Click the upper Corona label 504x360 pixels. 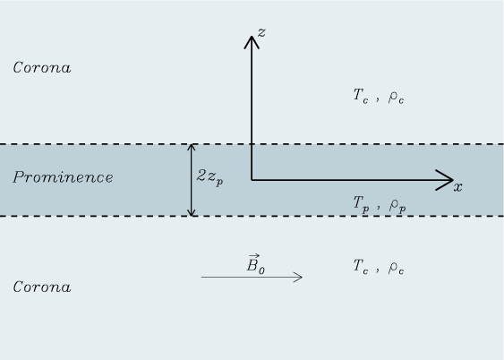(x=42, y=67)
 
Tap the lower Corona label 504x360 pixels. (x=42, y=287)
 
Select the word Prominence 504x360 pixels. (x=63, y=177)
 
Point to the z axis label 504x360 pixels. (x=261, y=32)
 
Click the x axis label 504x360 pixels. (x=458, y=187)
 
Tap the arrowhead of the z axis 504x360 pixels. (x=252, y=42)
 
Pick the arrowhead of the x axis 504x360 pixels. (x=445, y=180)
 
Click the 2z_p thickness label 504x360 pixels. (x=209, y=177)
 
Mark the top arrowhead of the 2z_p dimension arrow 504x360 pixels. (x=192, y=148)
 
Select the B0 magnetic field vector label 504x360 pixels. (x=256, y=264)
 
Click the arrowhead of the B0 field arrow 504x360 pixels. (x=297, y=277)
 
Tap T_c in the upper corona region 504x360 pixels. (x=361, y=96)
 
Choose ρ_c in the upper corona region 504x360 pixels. (x=396, y=97)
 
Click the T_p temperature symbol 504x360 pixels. (x=361, y=204)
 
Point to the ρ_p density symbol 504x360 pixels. (x=397, y=206)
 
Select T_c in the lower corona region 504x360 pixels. (x=361, y=267)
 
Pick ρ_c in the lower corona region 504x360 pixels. (x=396, y=268)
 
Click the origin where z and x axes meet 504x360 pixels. (x=252, y=180)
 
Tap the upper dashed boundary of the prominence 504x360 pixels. (x=252, y=144)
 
